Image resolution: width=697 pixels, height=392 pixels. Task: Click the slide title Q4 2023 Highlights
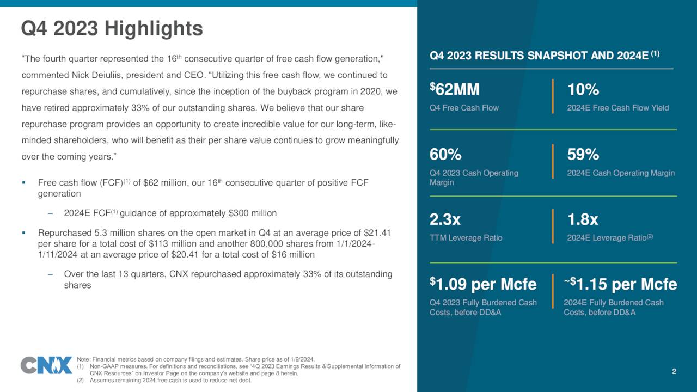(112, 28)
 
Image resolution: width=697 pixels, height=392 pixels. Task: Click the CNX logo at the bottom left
(46, 365)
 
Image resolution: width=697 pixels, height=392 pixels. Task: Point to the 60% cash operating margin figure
(445, 155)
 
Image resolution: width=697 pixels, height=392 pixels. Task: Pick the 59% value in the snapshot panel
(583, 155)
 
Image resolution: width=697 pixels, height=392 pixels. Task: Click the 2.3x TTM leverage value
(445, 220)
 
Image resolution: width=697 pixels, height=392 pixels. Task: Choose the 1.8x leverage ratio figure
(582, 220)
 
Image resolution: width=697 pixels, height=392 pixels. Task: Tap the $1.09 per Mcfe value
(483, 284)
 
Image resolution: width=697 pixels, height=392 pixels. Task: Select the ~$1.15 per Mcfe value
(620, 284)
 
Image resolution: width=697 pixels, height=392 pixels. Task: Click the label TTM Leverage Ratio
(466, 238)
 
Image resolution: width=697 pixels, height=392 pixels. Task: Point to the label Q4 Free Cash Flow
(464, 108)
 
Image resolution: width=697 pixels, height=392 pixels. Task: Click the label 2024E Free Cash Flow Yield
(617, 108)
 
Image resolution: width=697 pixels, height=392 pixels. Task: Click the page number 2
(674, 372)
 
